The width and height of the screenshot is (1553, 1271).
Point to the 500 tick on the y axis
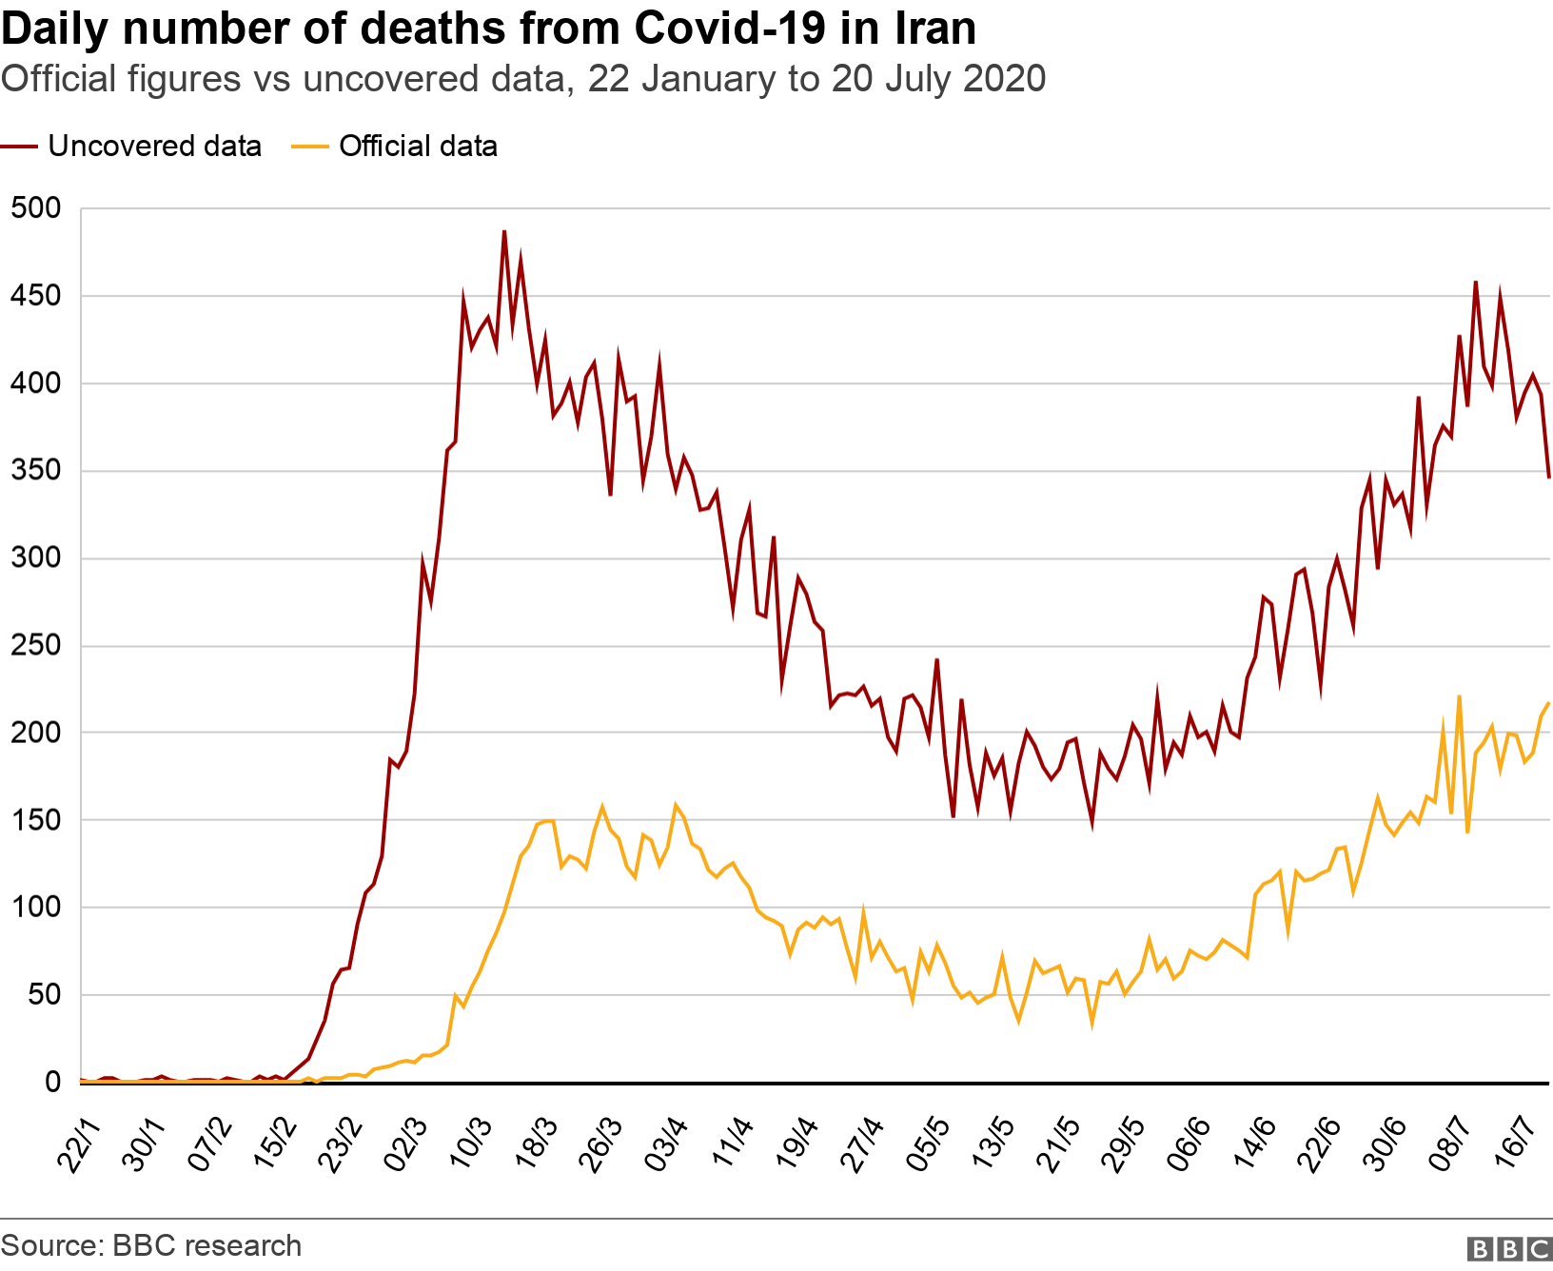[35, 207]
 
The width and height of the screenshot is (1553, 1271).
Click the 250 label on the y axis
[35, 645]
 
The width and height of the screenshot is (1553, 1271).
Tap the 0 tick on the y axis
[52, 1082]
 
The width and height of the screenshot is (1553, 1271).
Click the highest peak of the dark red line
[504, 231]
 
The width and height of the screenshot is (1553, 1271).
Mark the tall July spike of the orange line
[1459, 696]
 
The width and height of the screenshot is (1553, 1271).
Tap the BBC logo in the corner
[1509, 1248]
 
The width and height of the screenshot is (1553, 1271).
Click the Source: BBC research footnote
[151, 1245]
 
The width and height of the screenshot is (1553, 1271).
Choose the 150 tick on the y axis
[35, 820]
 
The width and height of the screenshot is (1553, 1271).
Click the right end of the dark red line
[1548, 478]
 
